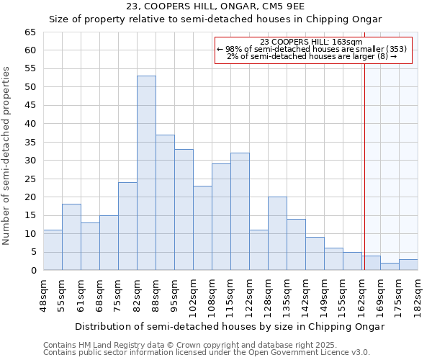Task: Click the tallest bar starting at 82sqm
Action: (x=146, y=173)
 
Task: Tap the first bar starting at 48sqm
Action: (x=53, y=250)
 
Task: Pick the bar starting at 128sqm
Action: (x=277, y=233)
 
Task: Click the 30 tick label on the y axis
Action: (x=30, y=161)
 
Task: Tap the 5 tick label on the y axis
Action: (x=32, y=252)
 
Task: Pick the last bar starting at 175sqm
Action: (x=408, y=265)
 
